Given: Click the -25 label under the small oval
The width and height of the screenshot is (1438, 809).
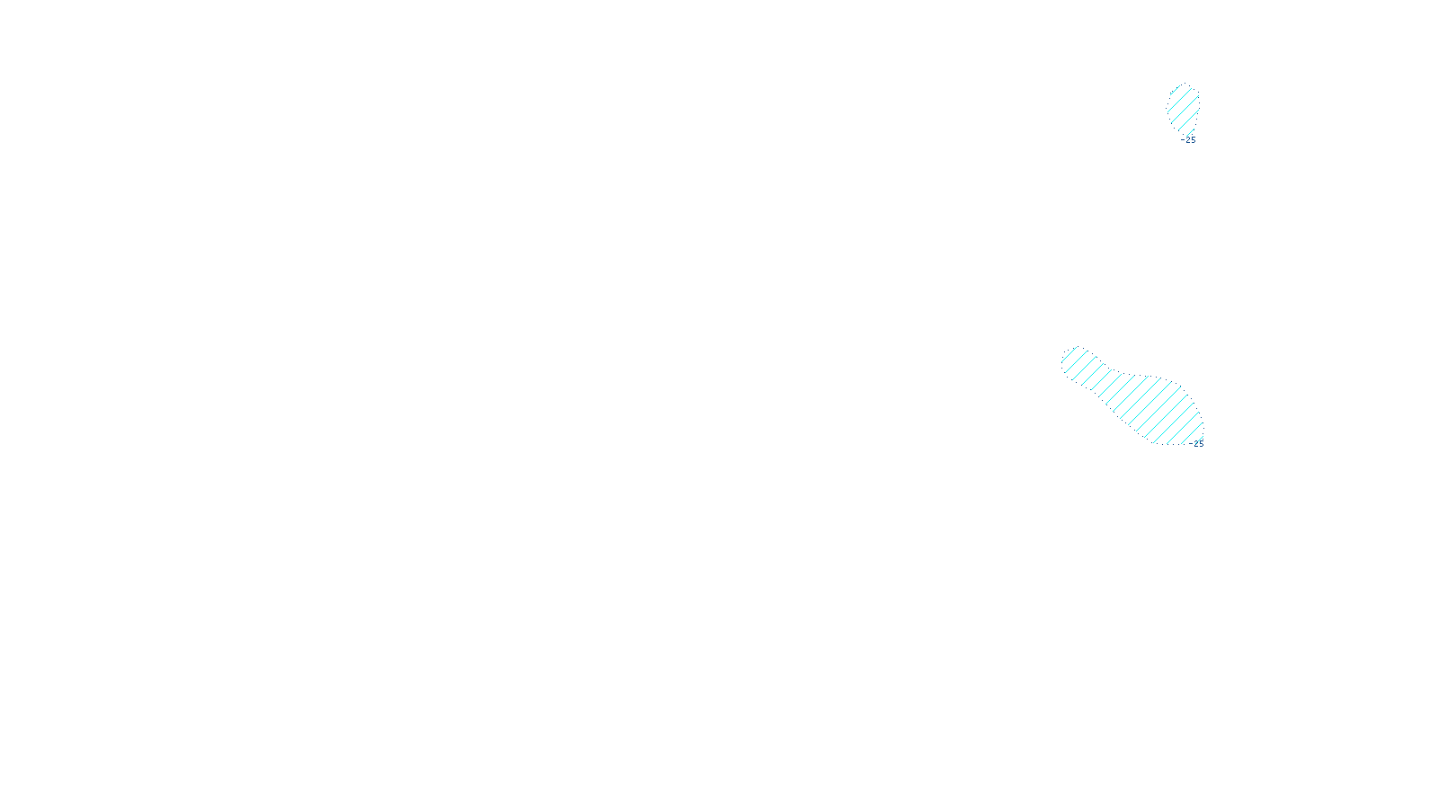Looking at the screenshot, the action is (1190, 140).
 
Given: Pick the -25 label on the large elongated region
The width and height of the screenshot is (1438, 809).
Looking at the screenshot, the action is (1197, 444).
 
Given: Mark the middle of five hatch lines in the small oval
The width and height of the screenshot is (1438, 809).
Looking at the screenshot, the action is (1184, 109).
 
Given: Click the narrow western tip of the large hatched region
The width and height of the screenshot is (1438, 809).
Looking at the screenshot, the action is (1066, 360).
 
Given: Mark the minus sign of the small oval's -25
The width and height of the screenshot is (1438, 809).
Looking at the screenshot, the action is (1183, 140).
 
